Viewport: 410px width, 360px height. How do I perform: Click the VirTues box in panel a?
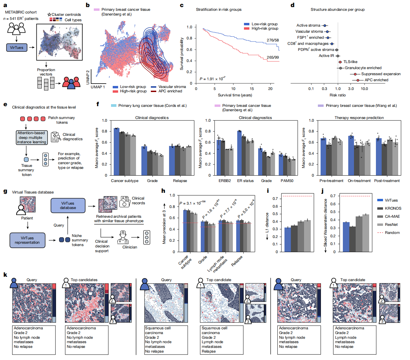tap(17, 48)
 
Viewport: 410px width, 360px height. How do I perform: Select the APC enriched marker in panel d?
tap(358, 80)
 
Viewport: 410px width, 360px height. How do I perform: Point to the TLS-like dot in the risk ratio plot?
tap(340, 62)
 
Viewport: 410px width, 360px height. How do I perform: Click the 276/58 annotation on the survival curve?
tap(273, 40)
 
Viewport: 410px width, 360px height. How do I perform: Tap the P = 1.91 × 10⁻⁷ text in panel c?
tap(212, 79)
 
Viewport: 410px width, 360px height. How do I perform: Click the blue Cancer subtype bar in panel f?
tap(116, 152)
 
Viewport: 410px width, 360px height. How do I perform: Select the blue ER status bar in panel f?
tap(239, 153)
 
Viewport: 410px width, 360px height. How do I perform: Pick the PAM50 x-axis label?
tap(287, 181)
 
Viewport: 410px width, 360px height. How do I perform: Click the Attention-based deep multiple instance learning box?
tap(32, 138)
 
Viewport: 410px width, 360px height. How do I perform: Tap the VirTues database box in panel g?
tap(68, 205)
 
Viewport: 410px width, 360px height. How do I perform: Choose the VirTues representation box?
tap(27, 240)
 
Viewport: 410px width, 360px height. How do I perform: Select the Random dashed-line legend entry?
tap(388, 233)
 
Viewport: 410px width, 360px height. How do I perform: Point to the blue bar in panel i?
tap(288, 240)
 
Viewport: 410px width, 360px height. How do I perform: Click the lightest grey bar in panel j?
tap(366, 233)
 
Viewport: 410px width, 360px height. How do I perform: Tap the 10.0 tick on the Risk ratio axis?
tap(364, 89)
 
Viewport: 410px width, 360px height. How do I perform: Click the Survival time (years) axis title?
tap(235, 95)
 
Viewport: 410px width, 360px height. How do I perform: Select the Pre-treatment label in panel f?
tap(331, 181)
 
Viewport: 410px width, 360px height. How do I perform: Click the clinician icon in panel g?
tap(123, 237)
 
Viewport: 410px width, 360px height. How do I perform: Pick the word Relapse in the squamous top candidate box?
tap(209, 351)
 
